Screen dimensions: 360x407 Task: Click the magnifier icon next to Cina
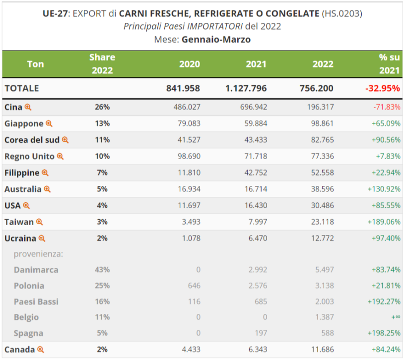click(28, 107)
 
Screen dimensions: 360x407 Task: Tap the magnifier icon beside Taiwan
click(40, 222)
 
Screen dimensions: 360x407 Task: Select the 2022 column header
click(323, 64)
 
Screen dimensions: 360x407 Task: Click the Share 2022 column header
click(102, 64)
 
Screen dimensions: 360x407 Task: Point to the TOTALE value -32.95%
click(382, 88)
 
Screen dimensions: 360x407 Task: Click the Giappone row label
click(23, 123)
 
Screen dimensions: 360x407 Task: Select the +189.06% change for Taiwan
click(384, 222)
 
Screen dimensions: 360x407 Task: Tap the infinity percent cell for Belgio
click(395, 317)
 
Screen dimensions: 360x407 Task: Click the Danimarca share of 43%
click(102, 270)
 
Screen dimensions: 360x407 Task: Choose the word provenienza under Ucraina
click(38, 254)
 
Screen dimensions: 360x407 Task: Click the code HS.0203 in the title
click(342, 13)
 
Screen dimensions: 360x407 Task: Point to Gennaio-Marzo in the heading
click(216, 39)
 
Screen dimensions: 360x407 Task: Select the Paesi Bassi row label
click(36, 301)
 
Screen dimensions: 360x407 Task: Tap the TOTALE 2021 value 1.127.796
click(246, 88)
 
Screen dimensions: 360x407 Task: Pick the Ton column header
click(35, 64)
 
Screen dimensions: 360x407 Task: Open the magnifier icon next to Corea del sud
click(65, 140)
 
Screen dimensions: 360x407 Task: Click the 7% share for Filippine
click(102, 173)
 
